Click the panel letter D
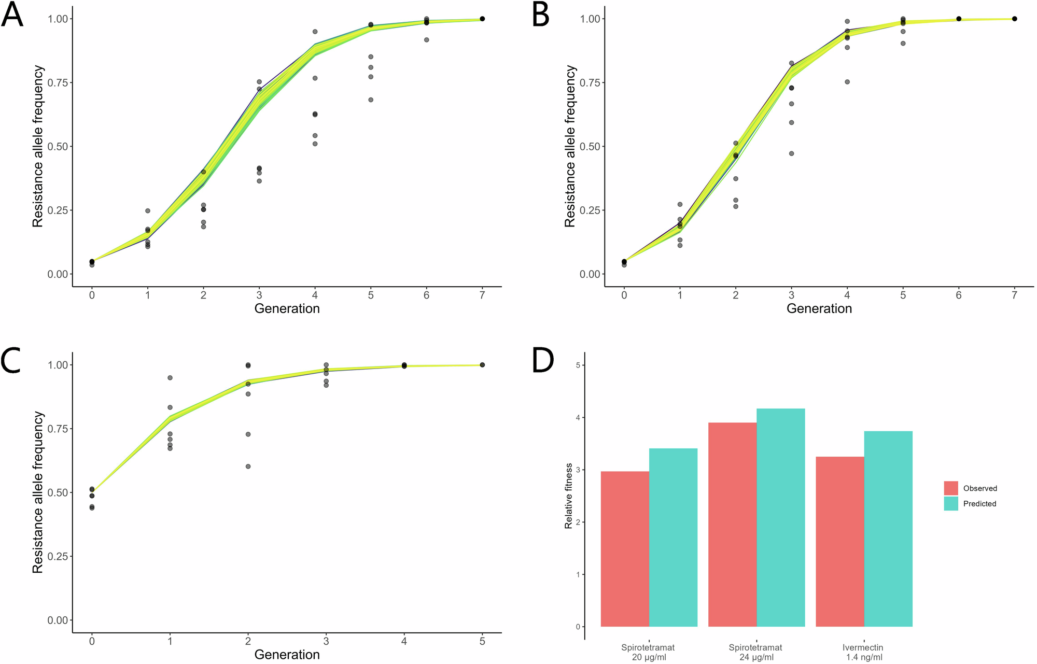point(543,361)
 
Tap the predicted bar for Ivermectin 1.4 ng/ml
point(888,529)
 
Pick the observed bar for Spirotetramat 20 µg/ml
point(625,549)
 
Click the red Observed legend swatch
point(951,488)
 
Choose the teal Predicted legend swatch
point(951,504)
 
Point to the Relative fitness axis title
point(569,496)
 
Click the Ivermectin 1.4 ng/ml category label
point(862,652)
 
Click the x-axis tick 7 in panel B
point(1014,295)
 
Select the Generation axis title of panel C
point(287,655)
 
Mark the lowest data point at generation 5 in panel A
point(371,100)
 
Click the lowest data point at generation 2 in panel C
point(248,467)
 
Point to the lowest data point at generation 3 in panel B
point(791,153)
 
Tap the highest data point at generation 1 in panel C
point(170,378)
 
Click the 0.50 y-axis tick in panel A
point(58,147)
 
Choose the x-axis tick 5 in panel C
point(482,642)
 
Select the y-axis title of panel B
point(570,146)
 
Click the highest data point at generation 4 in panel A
point(315,32)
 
